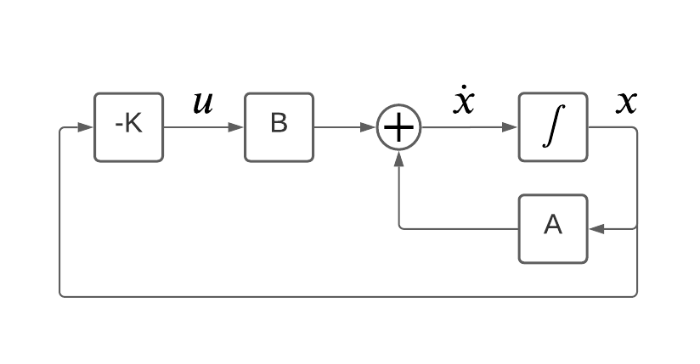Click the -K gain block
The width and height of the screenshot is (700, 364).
point(127,127)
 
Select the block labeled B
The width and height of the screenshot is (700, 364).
point(279,127)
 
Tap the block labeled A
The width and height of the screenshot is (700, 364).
point(552,228)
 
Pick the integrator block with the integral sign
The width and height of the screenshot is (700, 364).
point(552,127)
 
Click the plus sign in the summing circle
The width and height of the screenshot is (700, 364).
point(399,127)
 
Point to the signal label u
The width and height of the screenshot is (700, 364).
point(203,104)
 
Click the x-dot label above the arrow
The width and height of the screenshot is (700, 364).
point(464,102)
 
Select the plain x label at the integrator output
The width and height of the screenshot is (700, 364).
point(626,102)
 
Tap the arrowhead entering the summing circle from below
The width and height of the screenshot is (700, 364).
point(399,158)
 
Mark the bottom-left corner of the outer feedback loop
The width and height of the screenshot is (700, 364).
point(60,295)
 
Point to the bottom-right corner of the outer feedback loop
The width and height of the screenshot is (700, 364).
point(636,295)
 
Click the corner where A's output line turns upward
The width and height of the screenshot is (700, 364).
point(400,227)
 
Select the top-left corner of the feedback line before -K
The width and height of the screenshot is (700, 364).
point(60,128)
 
